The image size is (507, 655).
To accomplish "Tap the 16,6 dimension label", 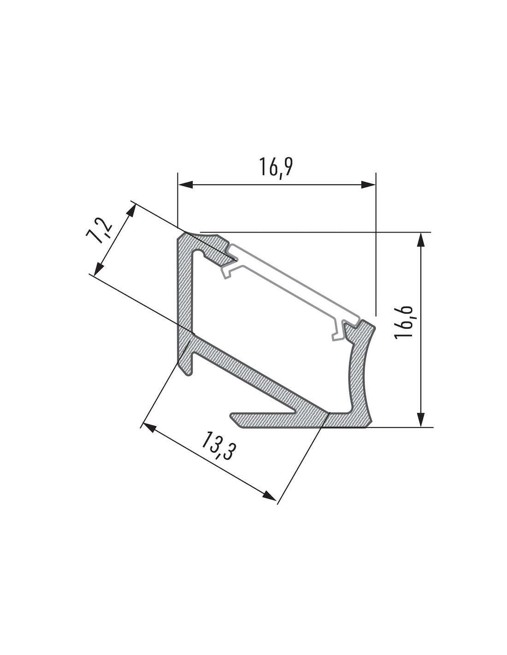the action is [x=404, y=322].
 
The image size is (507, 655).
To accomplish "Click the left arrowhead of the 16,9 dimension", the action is [x=186, y=184].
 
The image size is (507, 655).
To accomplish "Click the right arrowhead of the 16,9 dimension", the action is [x=368, y=184].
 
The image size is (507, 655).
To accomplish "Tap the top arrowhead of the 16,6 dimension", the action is [x=421, y=240].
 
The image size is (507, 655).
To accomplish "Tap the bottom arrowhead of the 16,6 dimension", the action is [x=421, y=420].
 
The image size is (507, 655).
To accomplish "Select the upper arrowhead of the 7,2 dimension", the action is [x=131, y=211].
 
